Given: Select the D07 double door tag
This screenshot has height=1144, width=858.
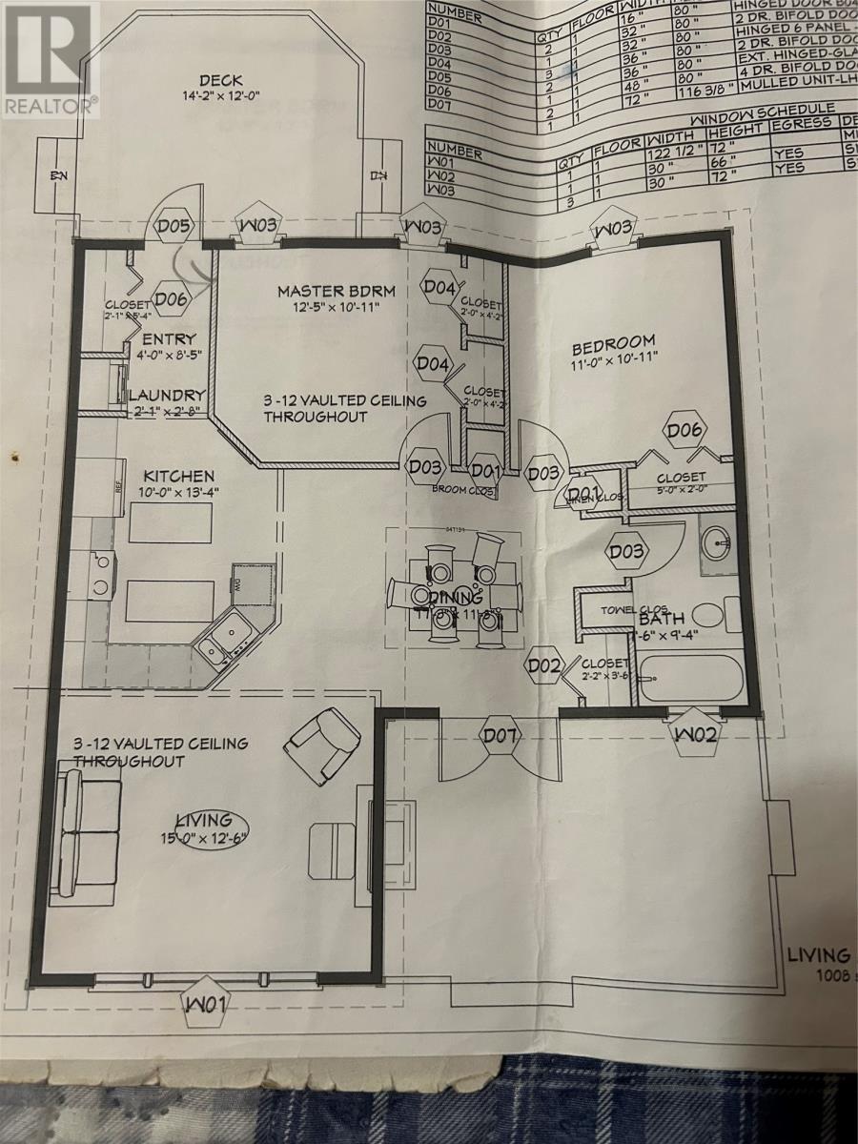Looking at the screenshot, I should (501, 735).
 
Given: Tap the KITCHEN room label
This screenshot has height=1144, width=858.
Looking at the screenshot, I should (178, 476).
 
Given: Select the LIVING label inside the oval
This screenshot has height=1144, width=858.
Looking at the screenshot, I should (203, 820).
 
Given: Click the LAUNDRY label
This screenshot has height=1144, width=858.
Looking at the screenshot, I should (167, 395).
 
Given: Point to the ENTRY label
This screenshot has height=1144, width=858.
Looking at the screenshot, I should (169, 339).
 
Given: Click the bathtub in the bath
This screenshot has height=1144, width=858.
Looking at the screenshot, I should (688, 679).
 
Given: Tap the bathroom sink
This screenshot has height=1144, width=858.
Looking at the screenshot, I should (715, 543).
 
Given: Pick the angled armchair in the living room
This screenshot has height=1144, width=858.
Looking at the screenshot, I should (325, 741).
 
